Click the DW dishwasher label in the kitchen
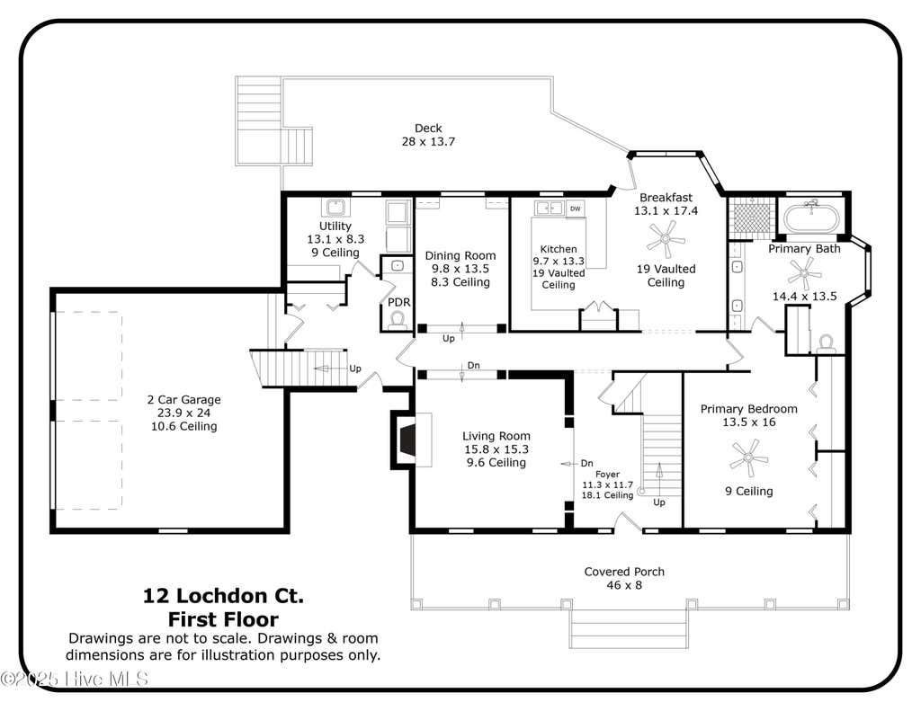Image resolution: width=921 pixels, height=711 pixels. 576,209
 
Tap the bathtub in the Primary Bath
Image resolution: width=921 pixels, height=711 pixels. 811,217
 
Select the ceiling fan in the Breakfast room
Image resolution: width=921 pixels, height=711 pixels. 666,239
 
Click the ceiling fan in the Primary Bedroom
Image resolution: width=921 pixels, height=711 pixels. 749,458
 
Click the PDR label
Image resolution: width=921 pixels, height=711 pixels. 398,302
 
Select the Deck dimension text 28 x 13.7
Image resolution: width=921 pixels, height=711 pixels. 428,141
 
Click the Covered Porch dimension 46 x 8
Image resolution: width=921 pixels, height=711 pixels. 624,585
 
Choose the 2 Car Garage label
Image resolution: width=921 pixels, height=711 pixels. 183,399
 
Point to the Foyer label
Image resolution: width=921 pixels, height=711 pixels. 607,474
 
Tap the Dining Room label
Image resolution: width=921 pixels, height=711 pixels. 460,255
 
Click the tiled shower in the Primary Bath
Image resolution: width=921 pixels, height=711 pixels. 753,218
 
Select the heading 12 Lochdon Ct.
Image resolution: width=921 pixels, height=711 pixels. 224,596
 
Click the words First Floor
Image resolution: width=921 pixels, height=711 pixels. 224,619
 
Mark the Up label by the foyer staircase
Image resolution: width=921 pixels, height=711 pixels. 659,502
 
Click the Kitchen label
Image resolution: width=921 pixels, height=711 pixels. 559,249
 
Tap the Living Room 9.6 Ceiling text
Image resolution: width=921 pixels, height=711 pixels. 496,463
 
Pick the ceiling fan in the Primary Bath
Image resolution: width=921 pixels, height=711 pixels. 804,273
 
